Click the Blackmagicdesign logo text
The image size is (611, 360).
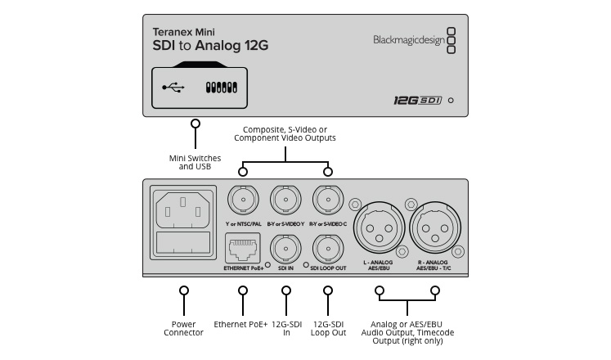point(409,38)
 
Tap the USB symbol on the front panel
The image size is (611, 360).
point(173,86)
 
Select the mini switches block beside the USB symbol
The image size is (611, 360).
point(221,86)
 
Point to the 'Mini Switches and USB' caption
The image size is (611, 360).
point(195,161)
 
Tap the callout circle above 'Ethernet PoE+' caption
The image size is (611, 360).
point(242,290)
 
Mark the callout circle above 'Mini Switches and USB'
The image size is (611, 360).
point(195,124)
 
